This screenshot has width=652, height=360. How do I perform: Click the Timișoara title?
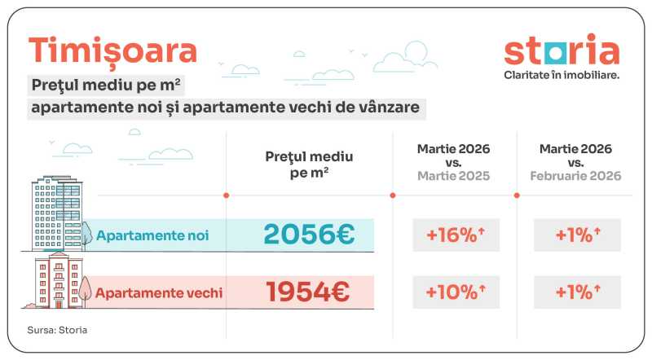coord(112,50)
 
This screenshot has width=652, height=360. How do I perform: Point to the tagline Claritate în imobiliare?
coord(562,74)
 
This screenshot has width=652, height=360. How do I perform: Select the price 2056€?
coord(309,235)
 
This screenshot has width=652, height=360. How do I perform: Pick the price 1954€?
coord(309,291)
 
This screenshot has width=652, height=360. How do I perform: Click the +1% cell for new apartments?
coord(578,235)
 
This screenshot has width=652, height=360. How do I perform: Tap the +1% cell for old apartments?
coord(578,291)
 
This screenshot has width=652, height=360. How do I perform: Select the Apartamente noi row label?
coord(152,235)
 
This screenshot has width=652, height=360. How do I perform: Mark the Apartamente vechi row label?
coord(159,292)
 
